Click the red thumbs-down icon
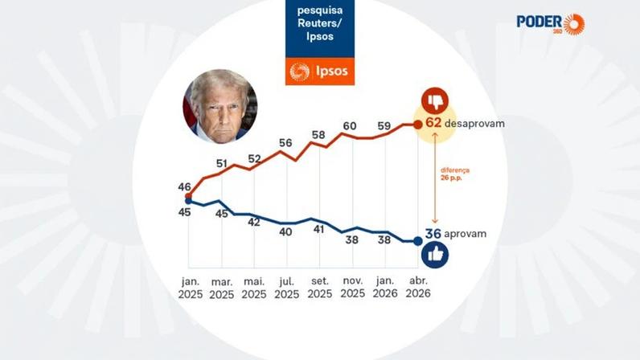[x=434, y=100]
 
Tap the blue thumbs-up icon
[x=434, y=255]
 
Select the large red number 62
[x=434, y=124]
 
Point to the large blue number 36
[x=433, y=234]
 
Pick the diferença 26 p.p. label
[x=455, y=174]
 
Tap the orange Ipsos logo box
[x=319, y=71]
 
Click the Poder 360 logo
[x=551, y=23]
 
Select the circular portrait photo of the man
[x=220, y=106]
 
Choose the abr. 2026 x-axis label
[x=417, y=288]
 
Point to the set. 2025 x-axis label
[x=319, y=288]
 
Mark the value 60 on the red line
[x=350, y=126]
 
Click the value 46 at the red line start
[x=184, y=186]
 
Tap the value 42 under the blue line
[x=254, y=223]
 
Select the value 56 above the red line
[x=285, y=143]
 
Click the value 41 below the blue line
[x=318, y=229]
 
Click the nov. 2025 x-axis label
[x=352, y=288]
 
